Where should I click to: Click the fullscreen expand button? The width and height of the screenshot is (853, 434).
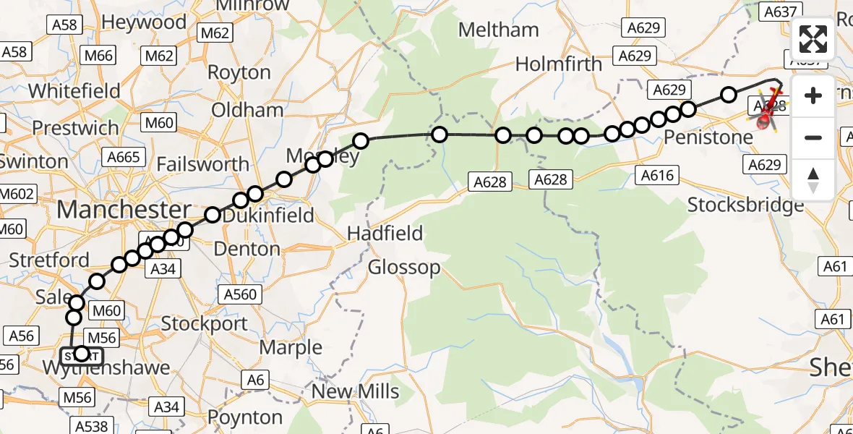(x=813, y=39)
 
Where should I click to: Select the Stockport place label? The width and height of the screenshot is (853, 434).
(x=205, y=323)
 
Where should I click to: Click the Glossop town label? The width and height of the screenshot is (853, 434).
(x=404, y=268)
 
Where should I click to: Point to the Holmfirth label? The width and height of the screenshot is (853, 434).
(x=558, y=64)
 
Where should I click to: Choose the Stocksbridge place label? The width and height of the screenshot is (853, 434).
(x=745, y=205)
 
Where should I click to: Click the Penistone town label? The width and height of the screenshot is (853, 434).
(x=708, y=137)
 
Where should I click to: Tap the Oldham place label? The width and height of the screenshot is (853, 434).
(x=247, y=110)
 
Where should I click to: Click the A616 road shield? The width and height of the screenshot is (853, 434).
(x=656, y=174)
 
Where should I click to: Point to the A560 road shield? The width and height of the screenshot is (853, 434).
(x=240, y=294)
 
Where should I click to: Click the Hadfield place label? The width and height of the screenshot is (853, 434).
(x=385, y=234)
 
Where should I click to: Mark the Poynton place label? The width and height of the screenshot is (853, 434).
(x=245, y=417)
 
